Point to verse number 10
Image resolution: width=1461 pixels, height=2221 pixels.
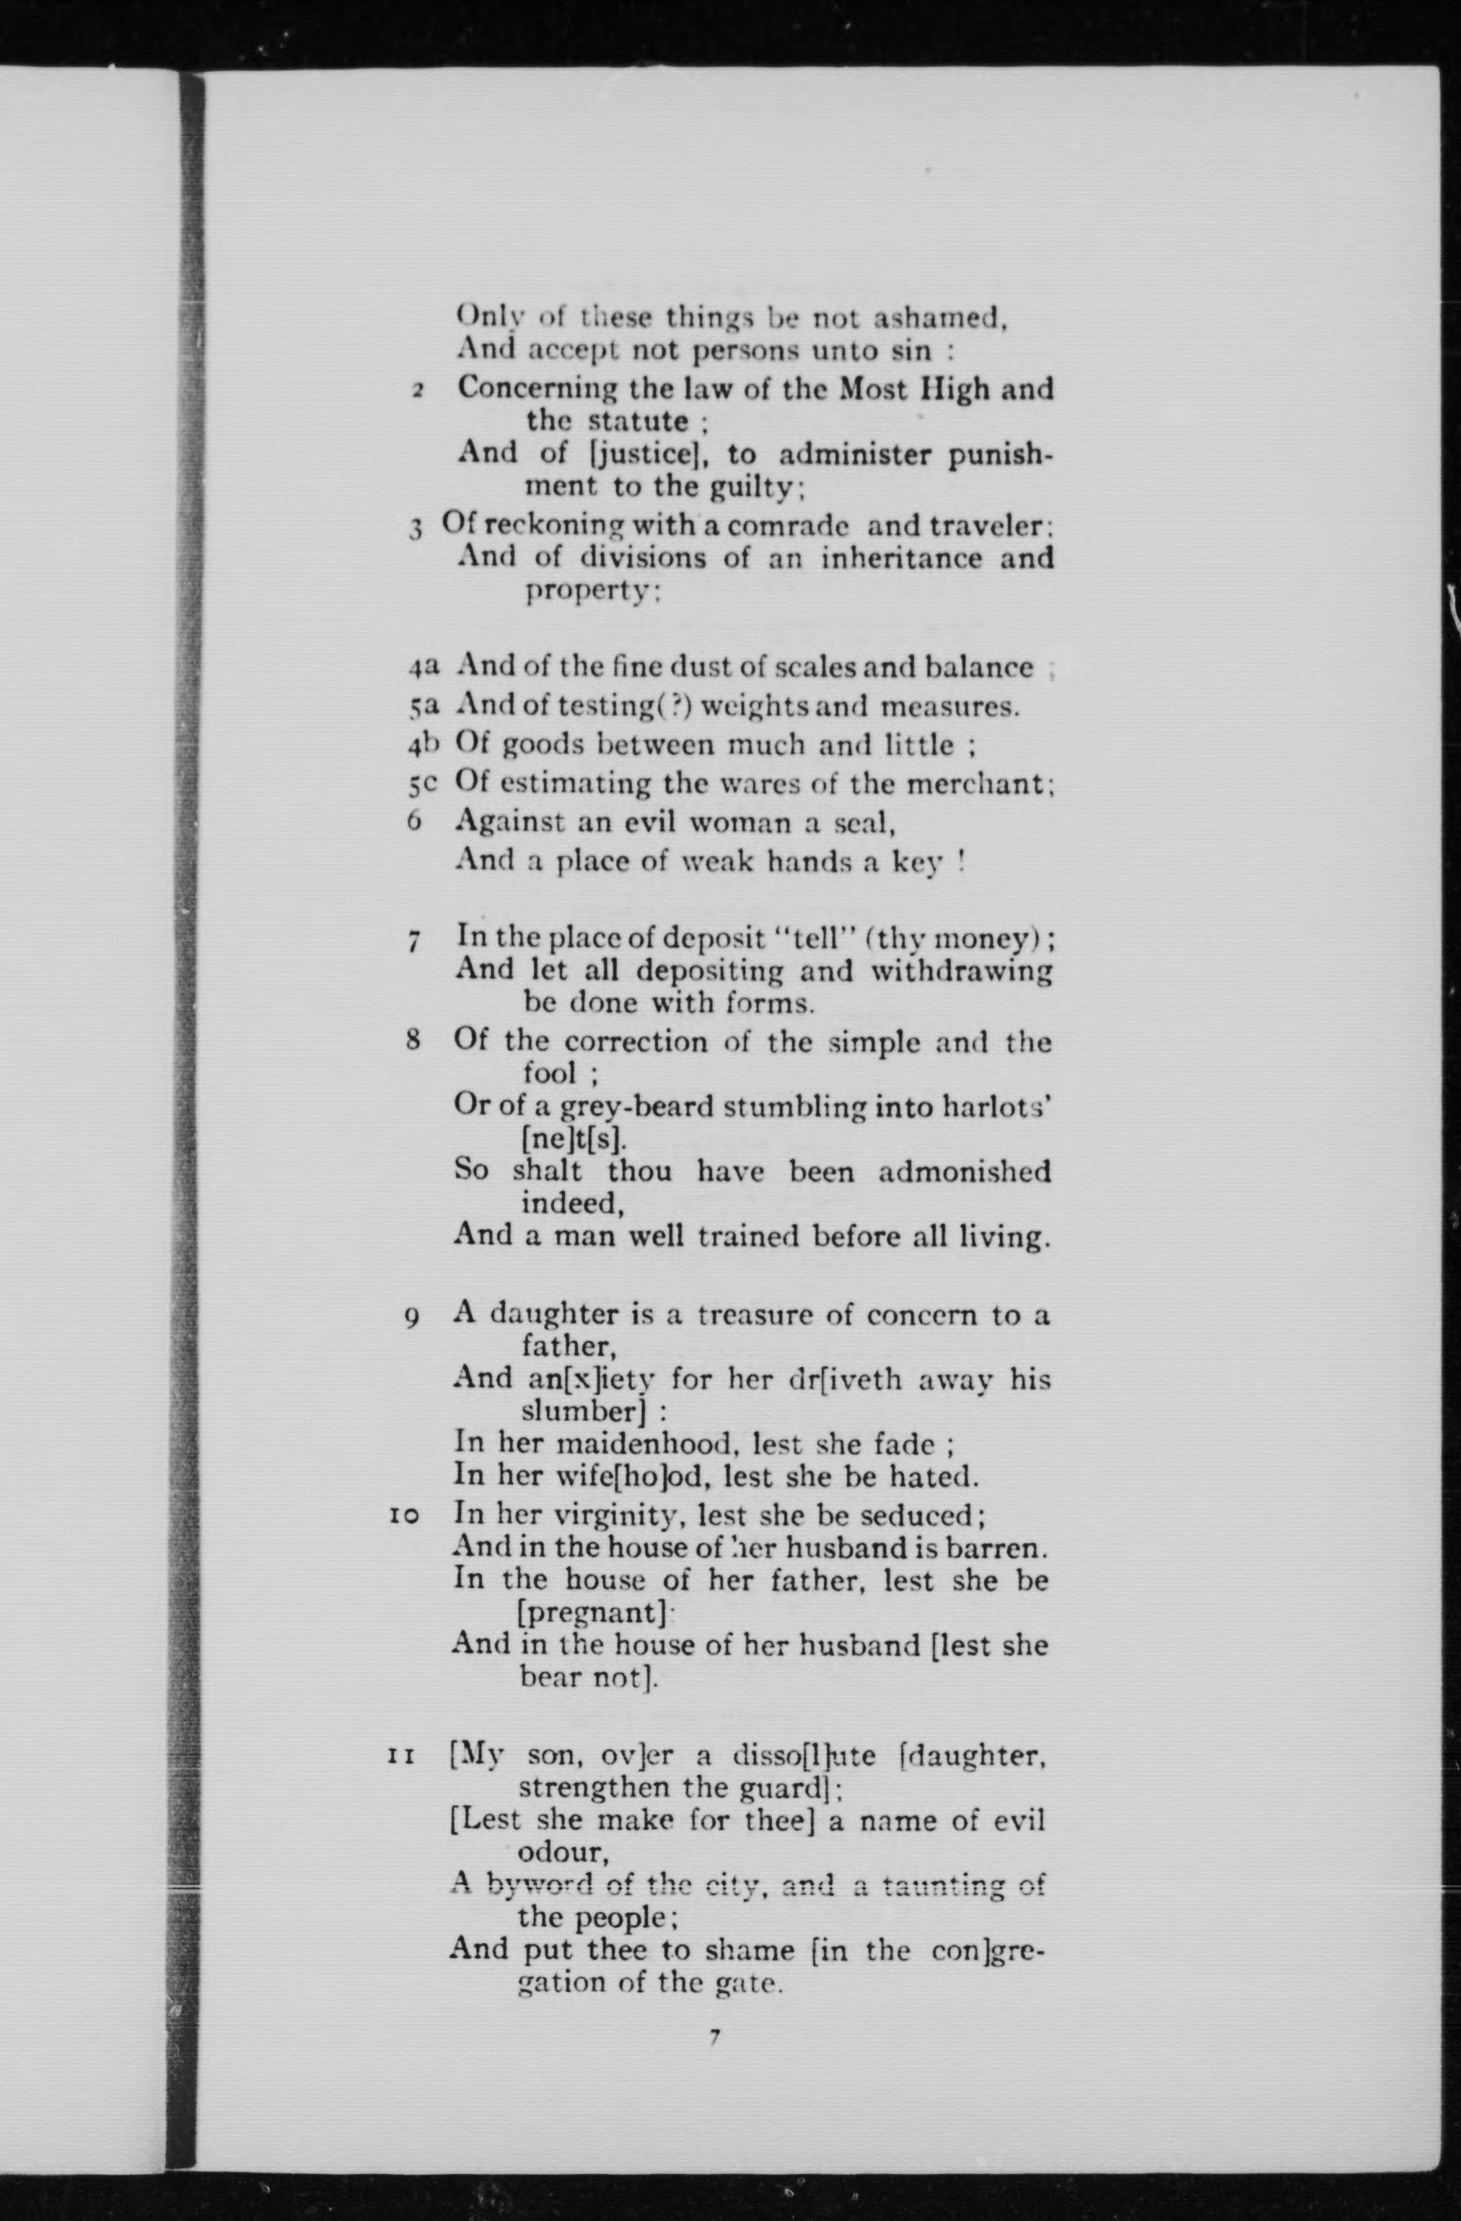coord(404,1517)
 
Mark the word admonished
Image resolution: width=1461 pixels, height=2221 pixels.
coord(964,1171)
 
